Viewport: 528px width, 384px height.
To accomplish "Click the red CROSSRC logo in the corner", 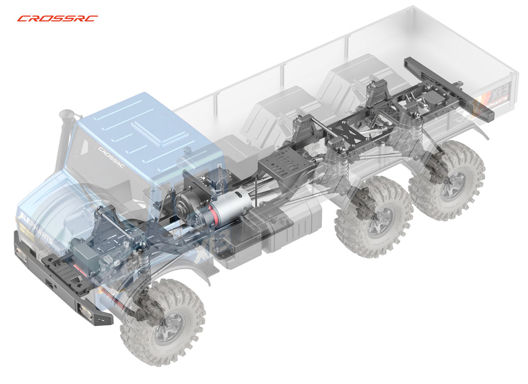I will [x=57, y=18].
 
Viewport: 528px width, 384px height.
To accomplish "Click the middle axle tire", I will [x=373, y=217].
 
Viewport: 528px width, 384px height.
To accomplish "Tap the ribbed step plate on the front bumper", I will [x=61, y=269].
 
